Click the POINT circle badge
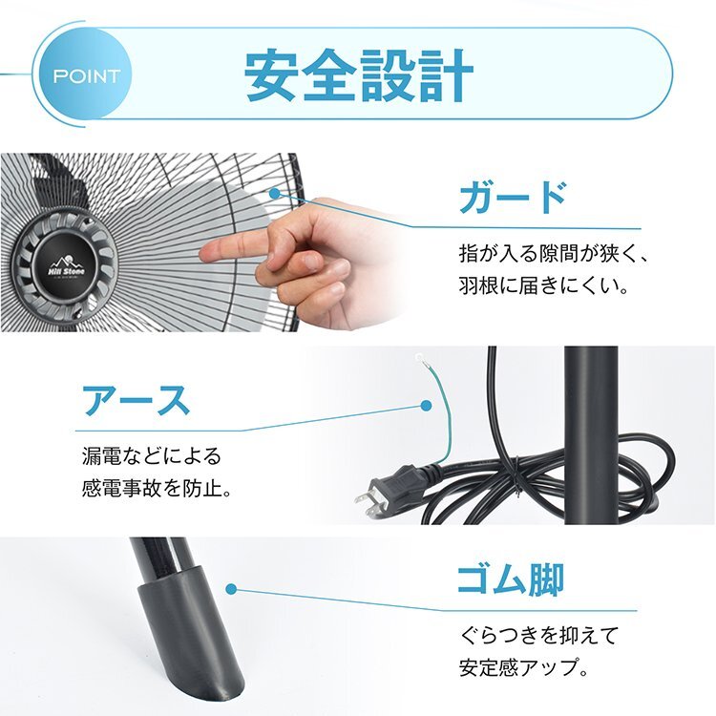click(x=85, y=74)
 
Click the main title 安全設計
click(x=359, y=75)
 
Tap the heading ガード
click(x=513, y=198)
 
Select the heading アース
click(x=136, y=400)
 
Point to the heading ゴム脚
click(x=511, y=579)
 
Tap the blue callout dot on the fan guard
click(x=274, y=193)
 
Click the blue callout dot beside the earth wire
click(x=426, y=405)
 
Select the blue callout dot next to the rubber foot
click(x=231, y=590)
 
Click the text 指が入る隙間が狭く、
click(x=554, y=254)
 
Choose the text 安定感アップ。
click(x=523, y=667)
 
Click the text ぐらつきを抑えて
click(x=539, y=635)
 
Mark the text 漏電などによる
click(x=152, y=456)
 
